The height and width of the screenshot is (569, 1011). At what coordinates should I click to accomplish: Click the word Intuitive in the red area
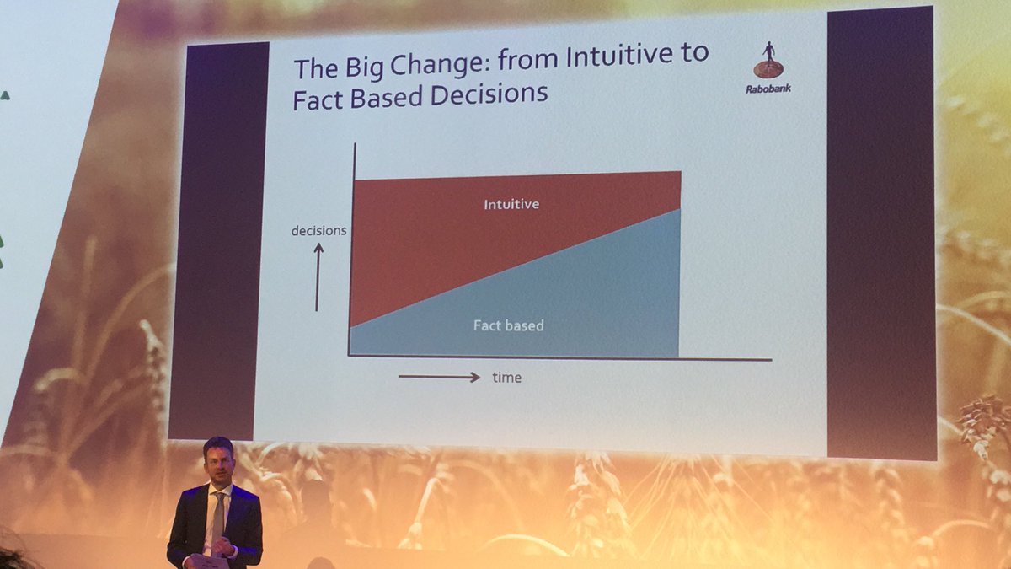(511, 204)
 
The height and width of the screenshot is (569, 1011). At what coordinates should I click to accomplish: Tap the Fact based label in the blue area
(508, 325)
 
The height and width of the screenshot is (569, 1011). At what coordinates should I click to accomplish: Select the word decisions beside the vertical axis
(318, 230)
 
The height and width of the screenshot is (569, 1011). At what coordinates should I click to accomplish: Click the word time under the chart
(506, 378)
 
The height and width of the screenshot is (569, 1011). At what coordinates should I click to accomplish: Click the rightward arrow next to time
(439, 377)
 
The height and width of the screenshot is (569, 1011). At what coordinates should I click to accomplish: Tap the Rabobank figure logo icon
(768, 62)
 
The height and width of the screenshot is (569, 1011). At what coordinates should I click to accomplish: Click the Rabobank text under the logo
(768, 88)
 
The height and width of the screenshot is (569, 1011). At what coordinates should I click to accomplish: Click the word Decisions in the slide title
(489, 93)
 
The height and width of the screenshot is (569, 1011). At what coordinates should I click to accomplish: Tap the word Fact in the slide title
(318, 98)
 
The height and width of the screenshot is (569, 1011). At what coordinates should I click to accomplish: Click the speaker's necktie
(217, 514)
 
